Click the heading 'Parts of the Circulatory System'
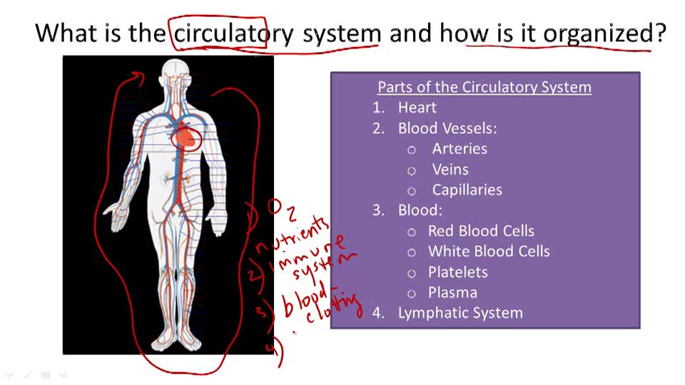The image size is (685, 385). [484, 87]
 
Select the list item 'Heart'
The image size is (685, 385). [417, 108]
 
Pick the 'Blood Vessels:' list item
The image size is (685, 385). [447, 128]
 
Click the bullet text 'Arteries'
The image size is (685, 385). [460, 149]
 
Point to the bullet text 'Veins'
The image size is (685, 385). [450, 170]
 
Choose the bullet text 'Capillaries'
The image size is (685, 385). [467, 190]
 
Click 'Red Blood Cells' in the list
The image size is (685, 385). [481, 231]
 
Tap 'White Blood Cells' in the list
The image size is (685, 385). [489, 252]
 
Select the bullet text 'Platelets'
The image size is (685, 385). [457, 272]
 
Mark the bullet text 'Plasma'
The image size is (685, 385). [452, 292]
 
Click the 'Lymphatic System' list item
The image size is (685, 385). [460, 313]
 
